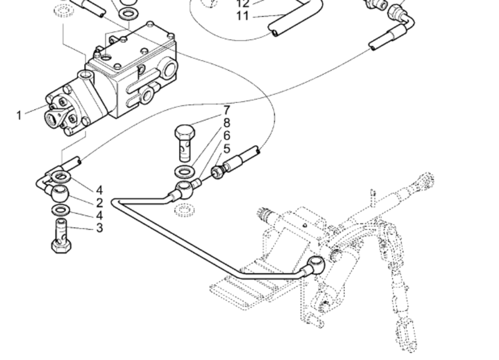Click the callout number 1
(19, 115)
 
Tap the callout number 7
(226, 110)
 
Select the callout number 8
(226, 123)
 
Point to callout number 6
(226, 135)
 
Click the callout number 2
(99, 203)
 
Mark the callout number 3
(99, 228)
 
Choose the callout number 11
(243, 16)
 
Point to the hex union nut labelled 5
(218, 171)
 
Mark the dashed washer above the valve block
(62, 11)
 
